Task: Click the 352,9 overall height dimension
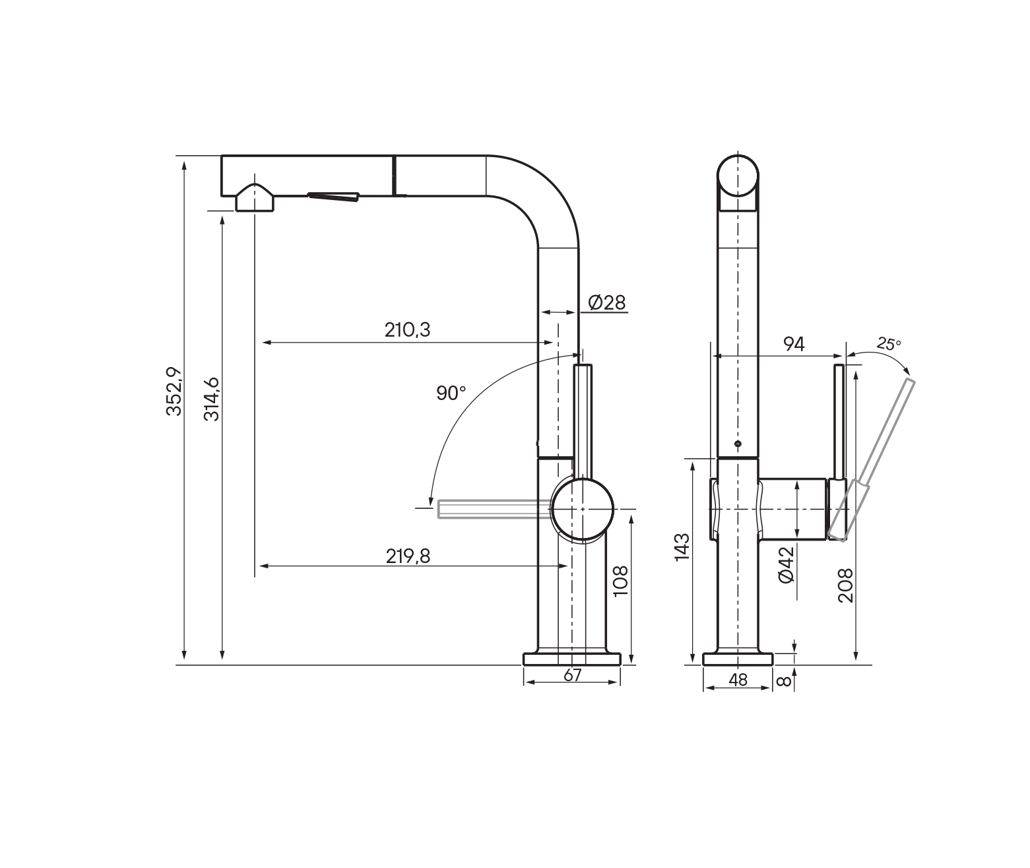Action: (174, 391)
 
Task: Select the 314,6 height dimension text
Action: (212, 399)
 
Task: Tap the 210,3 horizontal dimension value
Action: (408, 329)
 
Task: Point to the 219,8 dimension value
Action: (408, 556)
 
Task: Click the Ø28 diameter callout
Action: (607, 302)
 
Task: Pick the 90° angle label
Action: (451, 393)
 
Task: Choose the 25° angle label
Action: (889, 343)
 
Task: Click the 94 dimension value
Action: (794, 344)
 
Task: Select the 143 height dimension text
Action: (682, 547)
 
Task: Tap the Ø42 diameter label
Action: (787, 564)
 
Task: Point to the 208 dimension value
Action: (845, 585)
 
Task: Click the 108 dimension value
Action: (620, 581)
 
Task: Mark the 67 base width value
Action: (572, 675)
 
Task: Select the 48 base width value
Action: (738, 680)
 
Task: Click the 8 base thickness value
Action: (784, 681)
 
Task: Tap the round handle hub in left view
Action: (583, 509)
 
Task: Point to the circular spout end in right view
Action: (738, 176)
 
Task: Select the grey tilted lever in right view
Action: (872, 459)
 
